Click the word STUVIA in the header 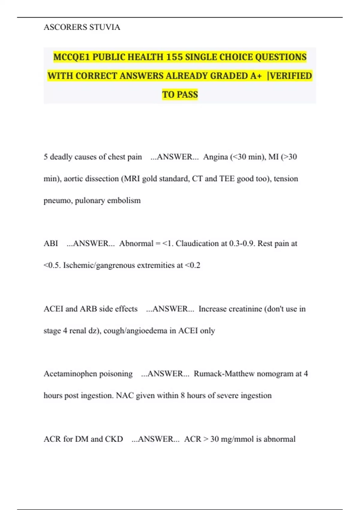coord(105,27)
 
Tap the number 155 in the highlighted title coord(174,57)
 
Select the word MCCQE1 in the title coord(72,57)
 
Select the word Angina coord(215,157)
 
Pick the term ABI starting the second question coord(51,243)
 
